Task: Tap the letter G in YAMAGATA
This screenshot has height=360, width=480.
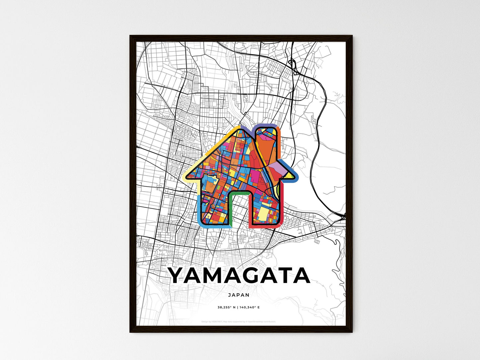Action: point(252,276)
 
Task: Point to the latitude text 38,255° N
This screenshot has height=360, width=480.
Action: point(227,308)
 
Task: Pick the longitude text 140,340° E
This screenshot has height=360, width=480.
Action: point(249,308)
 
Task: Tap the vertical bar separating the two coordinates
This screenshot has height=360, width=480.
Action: point(238,308)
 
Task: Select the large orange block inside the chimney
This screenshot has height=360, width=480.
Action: point(267,146)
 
